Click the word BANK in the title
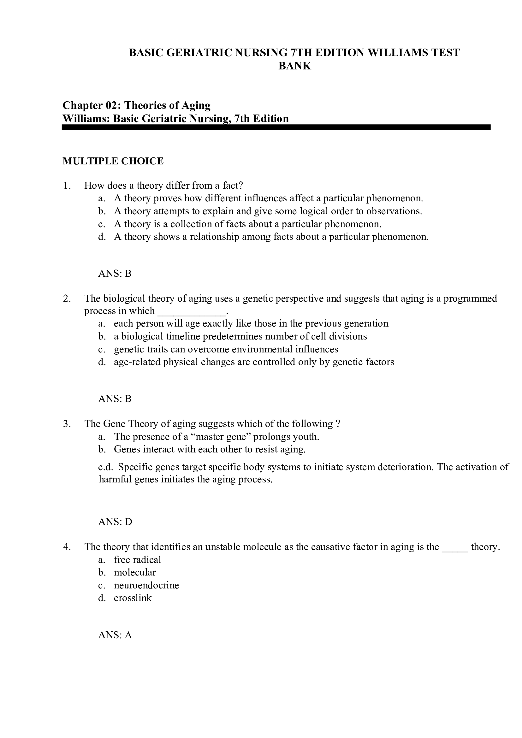coord(294,66)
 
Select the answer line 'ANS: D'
coord(115,521)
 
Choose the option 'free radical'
coord(137,560)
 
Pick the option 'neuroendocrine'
coord(146,585)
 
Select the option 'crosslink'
coord(133,598)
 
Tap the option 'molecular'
coord(135,572)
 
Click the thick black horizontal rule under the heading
coord(276,127)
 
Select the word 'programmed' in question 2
coord(470,298)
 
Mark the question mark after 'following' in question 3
coord(337,424)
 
